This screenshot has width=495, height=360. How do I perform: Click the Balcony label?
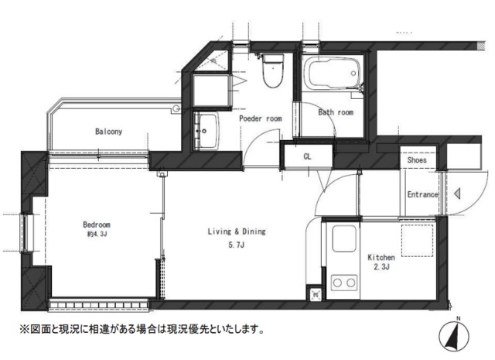coord(109,132)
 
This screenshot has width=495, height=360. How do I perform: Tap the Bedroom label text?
coord(97,225)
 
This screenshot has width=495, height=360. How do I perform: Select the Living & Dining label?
coord(237,231)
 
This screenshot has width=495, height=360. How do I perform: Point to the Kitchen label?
coord(381,257)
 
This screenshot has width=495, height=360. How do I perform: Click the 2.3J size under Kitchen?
coord(381,269)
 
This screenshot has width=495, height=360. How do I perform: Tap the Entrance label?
coord(422,195)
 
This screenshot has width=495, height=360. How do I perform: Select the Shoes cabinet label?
coord(417,160)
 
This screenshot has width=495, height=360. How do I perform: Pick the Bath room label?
coord(336,112)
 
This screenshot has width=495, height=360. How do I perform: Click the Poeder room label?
coord(260,119)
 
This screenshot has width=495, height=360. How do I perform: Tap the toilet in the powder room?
coord(271,72)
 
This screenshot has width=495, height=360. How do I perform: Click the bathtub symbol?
coord(333,75)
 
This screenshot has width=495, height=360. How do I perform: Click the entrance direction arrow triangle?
coord(459,194)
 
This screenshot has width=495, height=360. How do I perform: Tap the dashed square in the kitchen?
coord(418,242)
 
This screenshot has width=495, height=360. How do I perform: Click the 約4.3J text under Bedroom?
coord(96,234)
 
